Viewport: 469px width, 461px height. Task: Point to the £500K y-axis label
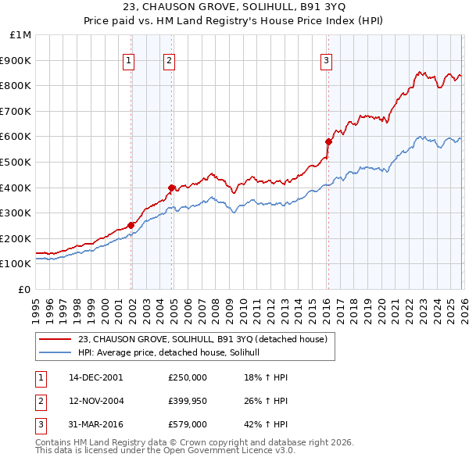pyautogui.click(x=16, y=163)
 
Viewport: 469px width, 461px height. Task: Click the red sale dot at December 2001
pyautogui.click(x=131, y=225)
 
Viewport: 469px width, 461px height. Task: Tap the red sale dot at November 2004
pyautogui.click(x=171, y=188)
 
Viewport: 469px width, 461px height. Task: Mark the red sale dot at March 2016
pyautogui.click(x=328, y=141)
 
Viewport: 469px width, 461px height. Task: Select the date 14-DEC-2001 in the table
pyautogui.click(x=96, y=377)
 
